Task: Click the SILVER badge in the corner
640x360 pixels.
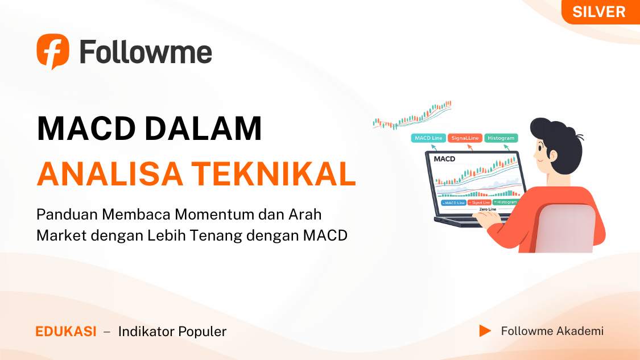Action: [x=598, y=12]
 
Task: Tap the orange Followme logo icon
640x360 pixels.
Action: [x=53, y=51]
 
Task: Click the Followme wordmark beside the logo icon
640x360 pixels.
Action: [x=146, y=52]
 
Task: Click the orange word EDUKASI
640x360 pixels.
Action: [x=66, y=332]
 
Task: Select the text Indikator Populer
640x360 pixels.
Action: [x=172, y=332]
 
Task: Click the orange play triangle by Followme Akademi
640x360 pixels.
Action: [x=485, y=330]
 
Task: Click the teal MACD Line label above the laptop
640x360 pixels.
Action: [x=428, y=138]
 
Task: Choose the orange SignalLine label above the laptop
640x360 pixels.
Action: [x=465, y=138]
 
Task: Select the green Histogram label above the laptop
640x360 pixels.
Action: [x=501, y=138]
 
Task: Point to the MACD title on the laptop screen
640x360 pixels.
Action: [x=444, y=159]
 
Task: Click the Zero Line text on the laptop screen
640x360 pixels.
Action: [x=487, y=209]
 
